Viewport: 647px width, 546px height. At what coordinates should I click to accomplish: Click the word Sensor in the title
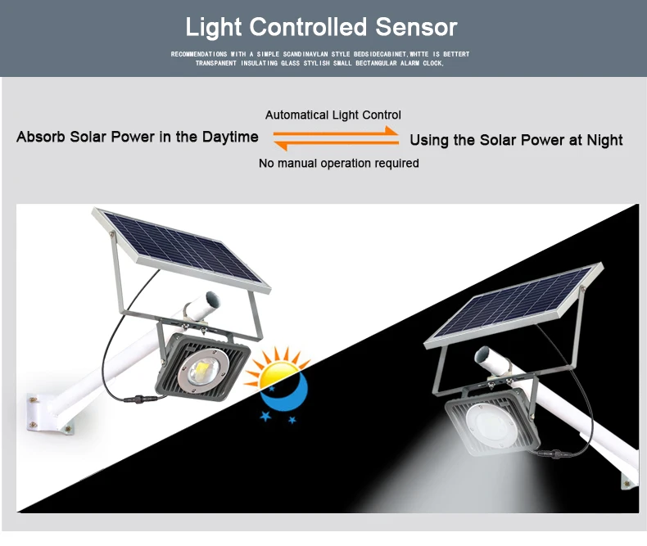coord(416,27)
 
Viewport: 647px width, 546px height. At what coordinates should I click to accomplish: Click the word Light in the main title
coord(213,28)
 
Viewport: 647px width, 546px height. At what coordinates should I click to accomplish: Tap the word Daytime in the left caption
coord(230,138)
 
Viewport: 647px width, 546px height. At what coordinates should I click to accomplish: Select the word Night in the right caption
coord(604,141)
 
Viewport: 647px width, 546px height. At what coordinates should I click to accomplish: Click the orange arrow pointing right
coord(336,132)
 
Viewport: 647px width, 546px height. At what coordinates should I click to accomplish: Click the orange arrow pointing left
coord(337,144)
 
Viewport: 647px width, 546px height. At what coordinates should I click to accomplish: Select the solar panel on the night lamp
coord(514,305)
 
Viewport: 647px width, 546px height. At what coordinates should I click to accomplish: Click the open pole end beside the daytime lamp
coord(212,300)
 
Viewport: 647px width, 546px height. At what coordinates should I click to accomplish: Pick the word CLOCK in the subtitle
coord(433,63)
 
